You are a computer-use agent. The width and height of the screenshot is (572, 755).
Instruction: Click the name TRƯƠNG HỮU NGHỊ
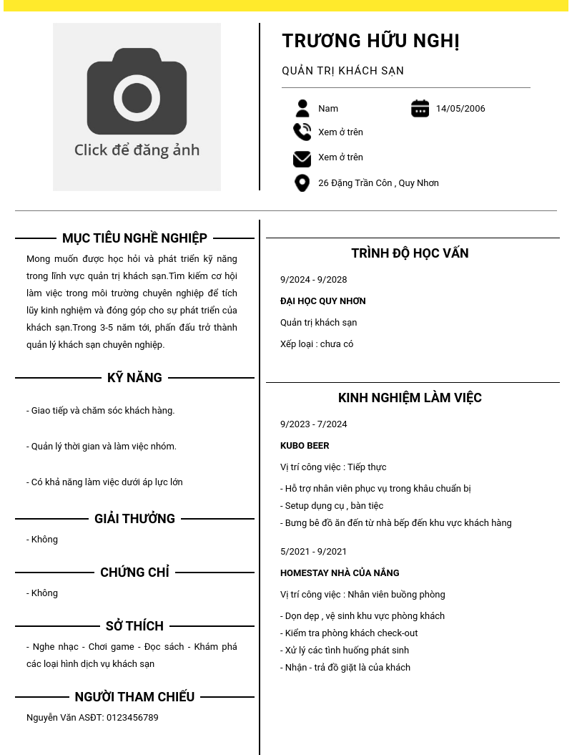370,42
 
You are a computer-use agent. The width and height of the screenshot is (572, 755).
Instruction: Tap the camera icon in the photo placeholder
137,92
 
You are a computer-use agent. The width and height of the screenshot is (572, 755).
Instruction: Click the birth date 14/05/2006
460,109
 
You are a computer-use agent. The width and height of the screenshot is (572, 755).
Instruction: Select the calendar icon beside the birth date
420,109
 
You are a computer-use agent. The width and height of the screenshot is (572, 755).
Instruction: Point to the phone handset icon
302,132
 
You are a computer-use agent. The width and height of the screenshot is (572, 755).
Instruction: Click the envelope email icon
302,159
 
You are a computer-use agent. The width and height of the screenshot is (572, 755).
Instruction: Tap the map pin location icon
302,183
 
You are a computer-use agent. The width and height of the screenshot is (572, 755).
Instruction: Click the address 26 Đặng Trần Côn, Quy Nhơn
378,183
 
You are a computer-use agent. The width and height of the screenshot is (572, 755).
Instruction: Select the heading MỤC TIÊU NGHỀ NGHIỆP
134,238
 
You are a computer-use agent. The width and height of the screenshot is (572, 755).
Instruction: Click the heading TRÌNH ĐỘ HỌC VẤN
410,253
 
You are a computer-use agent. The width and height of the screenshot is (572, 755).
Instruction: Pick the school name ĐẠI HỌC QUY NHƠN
322,301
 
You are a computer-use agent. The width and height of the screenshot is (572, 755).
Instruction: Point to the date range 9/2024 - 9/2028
313,280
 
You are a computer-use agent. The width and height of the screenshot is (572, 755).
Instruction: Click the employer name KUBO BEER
305,446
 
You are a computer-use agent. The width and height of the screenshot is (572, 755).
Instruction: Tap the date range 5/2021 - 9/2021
313,552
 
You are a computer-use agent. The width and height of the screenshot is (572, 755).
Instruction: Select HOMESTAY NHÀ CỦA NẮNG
340,573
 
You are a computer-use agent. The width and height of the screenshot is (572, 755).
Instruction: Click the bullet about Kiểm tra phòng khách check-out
351,633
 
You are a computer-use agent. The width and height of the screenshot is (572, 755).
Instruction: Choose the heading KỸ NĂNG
134,378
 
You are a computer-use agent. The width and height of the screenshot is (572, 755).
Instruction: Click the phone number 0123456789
132,718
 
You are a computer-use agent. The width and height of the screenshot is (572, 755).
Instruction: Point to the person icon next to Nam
302,109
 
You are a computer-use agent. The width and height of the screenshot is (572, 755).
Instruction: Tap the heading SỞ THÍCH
134,626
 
